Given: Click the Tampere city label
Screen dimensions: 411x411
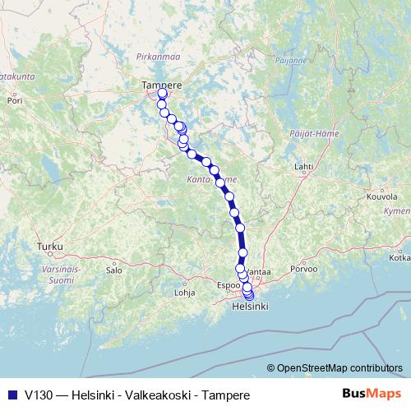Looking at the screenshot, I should coord(161,85).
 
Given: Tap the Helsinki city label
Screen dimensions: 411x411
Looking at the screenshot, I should coord(251,307).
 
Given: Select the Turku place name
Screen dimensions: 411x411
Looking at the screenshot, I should coord(49,246).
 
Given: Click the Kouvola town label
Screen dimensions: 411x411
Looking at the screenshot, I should coord(381,197).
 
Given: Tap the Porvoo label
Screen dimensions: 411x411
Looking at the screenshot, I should coord(315,270).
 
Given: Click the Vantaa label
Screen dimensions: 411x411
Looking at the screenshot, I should coord(258,270).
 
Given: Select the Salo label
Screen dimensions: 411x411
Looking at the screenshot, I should coord(113,270).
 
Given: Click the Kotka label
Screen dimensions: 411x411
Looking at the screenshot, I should coord(399,257).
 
